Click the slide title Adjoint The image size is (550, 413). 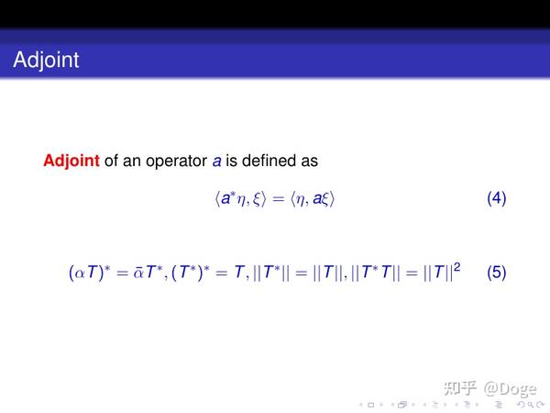(x=47, y=61)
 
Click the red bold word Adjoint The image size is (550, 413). (x=71, y=162)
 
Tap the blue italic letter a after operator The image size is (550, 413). (x=217, y=162)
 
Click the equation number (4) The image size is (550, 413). (x=496, y=198)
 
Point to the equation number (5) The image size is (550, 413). (x=496, y=273)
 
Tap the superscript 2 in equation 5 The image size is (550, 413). (x=456, y=267)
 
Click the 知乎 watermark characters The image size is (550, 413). (x=458, y=387)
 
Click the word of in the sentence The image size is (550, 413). (x=113, y=162)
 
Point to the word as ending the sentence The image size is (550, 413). (x=308, y=162)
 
